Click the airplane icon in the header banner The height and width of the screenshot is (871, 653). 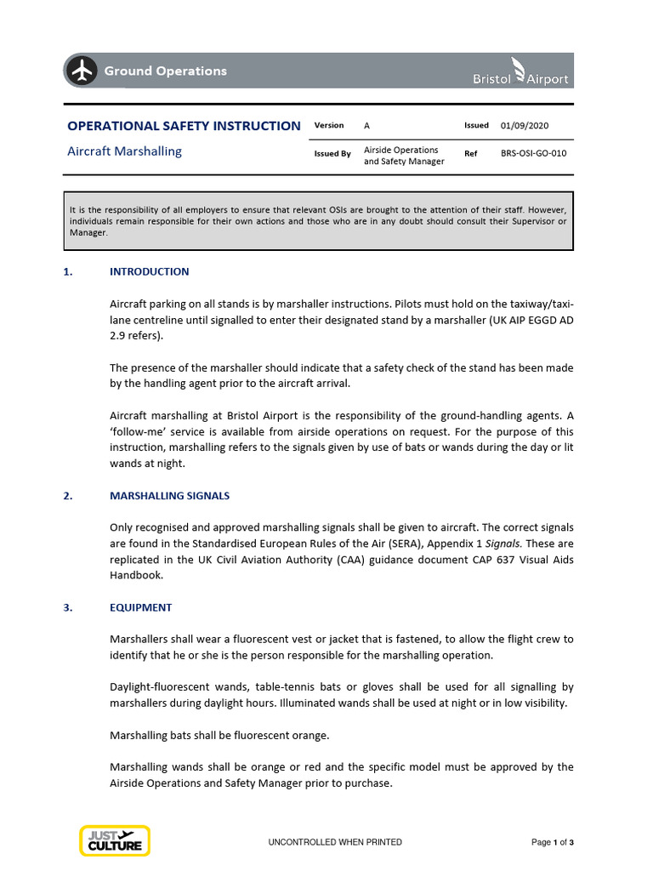[x=82, y=71]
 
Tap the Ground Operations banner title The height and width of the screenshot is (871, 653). [x=165, y=71]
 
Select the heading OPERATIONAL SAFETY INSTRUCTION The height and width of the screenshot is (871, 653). [x=184, y=126]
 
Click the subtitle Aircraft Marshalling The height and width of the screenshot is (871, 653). [x=124, y=151]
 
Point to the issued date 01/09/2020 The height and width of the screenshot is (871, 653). [x=525, y=126]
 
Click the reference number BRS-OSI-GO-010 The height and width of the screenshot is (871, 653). [x=533, y=154]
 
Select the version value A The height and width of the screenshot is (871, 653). [x=367, y=126]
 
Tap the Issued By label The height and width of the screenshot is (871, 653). [x=332, y=154]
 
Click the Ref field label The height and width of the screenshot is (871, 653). [x=470, y=154]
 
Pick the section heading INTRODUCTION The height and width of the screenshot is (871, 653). [x=150, y=272]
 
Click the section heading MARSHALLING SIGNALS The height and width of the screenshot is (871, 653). [x=170, y=496]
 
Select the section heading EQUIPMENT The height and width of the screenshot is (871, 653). [x=141, y=608]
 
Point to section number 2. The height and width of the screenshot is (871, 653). [x=68, y=496]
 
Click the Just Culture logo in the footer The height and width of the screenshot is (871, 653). [x=115, y=840]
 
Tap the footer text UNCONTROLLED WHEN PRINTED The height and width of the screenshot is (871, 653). [x=335, y=842]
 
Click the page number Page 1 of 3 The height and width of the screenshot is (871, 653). [x=553, y=842]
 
